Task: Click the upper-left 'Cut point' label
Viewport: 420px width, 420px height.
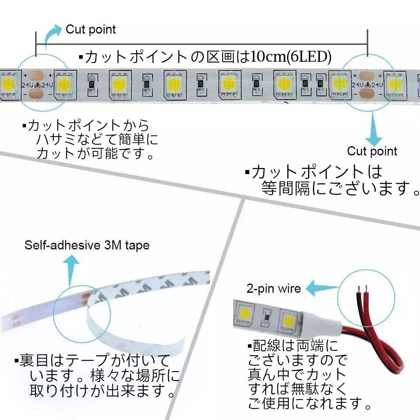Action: tap(91, 30)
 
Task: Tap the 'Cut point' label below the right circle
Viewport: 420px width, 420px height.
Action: tap(372, 151)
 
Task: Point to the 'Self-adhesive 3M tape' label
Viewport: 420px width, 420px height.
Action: tap(87, 245)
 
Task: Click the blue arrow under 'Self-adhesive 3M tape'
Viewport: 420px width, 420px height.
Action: tap(71, 270)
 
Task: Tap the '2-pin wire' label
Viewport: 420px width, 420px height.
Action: tap(273, 288)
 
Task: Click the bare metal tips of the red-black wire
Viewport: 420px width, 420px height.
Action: tap(362, 289)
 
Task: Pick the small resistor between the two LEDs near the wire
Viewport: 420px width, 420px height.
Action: tap(266, 318)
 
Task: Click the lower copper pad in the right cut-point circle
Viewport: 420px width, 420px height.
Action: tap(366, 94)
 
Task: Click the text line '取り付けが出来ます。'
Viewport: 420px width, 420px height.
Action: tap(102, 391)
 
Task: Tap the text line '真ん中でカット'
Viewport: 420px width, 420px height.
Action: tap(297, 374)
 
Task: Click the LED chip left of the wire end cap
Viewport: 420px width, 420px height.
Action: tap(288, 320)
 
